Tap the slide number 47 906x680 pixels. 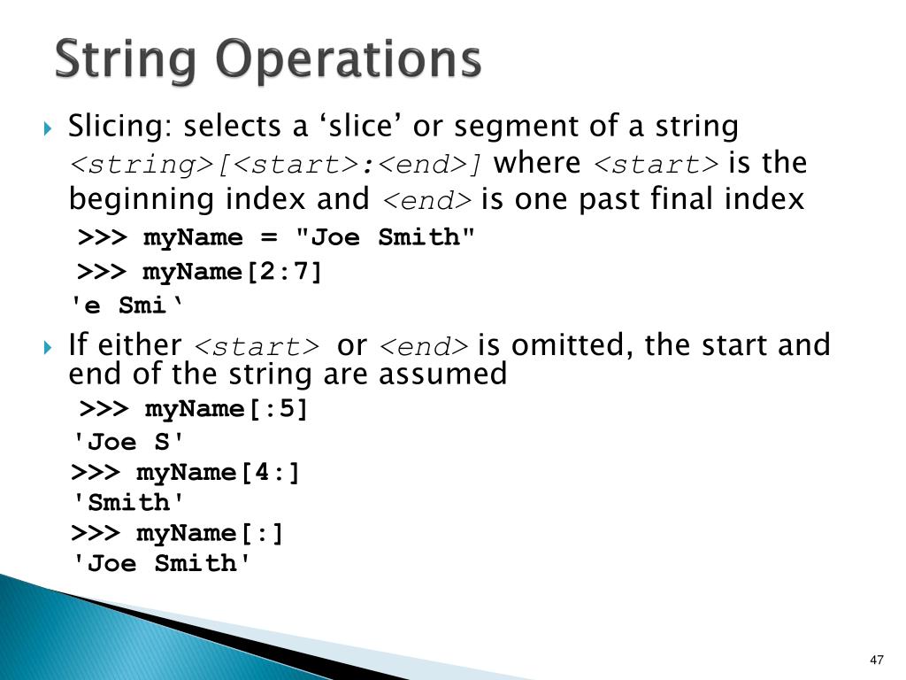click(x=877, y=661)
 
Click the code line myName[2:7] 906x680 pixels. click(x=233, y=272)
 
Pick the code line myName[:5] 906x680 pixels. click(x=226, y=409)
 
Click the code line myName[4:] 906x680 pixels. click(x=218, y=472)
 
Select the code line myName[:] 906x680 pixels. click(x=210, y=533)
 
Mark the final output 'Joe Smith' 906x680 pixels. click(x=162, y=564)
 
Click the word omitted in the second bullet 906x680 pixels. click(x=569, y=344)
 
